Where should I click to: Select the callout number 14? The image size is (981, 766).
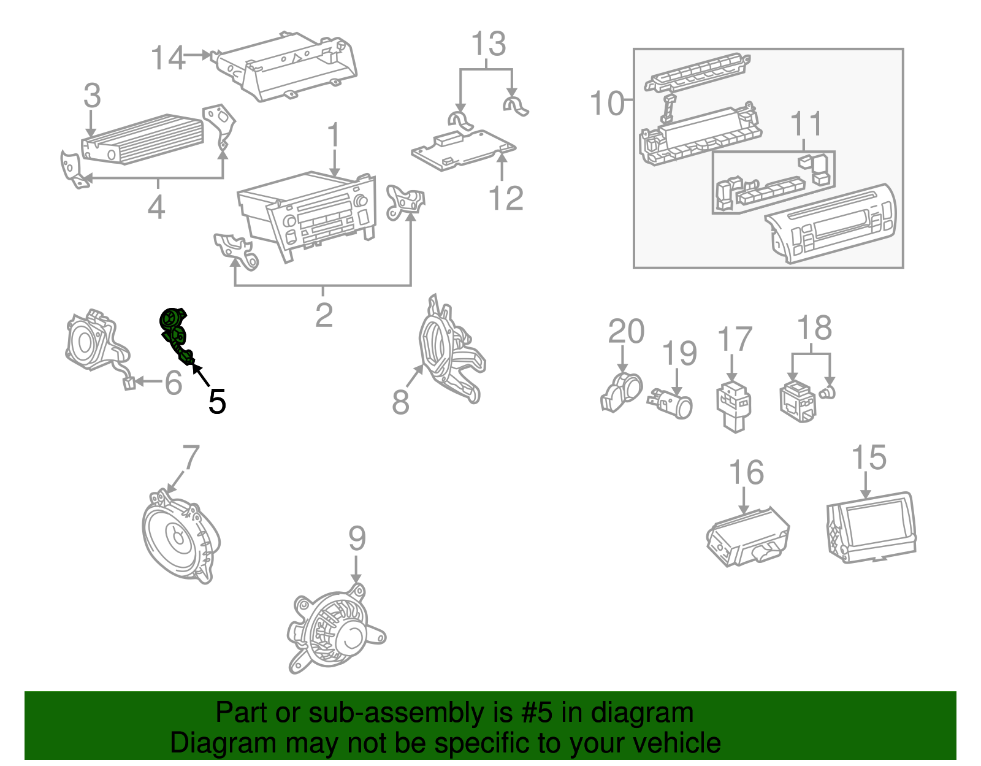pos(167,58)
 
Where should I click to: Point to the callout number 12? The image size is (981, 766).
pos(506,198)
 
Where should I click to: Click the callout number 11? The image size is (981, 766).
pos(806,124)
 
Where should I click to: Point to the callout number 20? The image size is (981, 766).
pos(625,331)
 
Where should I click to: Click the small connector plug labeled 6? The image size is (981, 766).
pos(129,384)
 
